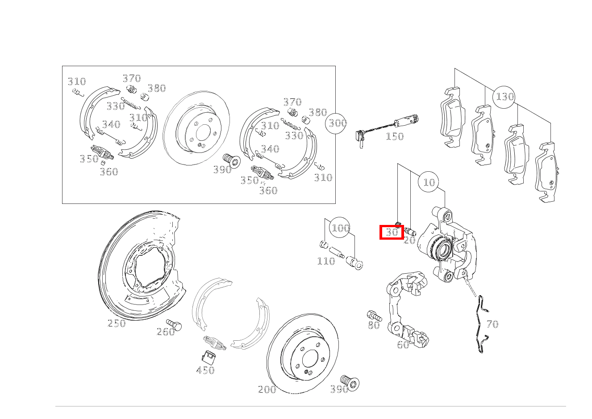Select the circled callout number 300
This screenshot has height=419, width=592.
pyautogui.click(x=336, y=123)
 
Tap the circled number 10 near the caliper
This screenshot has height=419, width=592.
pyautogui.click(x=429, y=182)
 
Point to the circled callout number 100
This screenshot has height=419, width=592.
pyautogui.click(x=340, y=228)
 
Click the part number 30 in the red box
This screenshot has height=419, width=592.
pyautogui.click(x=392, y=232)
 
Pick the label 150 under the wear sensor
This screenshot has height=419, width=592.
pyautogui.click(x=395, y=136)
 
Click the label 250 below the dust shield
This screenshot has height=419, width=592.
pyautogui.click(x=117, y=323)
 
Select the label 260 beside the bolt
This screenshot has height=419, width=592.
pyautogui.click(x=166, y=332)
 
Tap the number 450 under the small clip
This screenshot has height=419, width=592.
pyautogui.click(x=205, y=370)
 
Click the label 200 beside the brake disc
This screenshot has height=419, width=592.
pyautogui.click(x=267, y=389)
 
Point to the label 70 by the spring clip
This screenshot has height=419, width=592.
pyautogui.click(x=492, y=324)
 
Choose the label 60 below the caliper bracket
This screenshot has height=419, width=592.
pyautogui.click(x=403, y=344)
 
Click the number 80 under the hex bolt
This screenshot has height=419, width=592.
pyautogui.click(x=374, y=325)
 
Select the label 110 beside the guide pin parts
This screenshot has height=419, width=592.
pyautogui.click(x=326, y=261)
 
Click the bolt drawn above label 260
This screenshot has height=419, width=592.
pyautogui.click(x=174, y=325)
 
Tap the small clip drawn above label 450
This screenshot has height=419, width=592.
pyautogui.click(x=208, y=358)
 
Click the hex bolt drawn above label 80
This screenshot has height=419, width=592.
pyautogui.click(x=374, y=315)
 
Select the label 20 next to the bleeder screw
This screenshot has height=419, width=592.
pyautogui.click(x=410, y=240)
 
